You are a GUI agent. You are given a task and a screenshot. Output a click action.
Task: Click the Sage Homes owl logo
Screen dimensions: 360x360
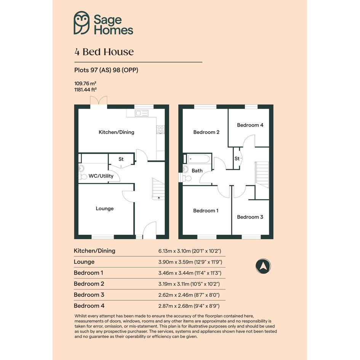[x=82, y=23]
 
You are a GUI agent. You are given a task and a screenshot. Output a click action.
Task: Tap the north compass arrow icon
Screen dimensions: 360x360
[x=263, y=266]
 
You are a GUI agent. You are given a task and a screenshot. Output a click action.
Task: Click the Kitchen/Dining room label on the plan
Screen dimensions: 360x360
[x=117, y=132]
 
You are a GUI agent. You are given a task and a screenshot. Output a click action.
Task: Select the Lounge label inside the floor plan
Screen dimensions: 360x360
[x=105, y=208]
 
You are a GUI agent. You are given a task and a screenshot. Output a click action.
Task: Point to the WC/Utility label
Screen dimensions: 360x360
[x=101, y=176]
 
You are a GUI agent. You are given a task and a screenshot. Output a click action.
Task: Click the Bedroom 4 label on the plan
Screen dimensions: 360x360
[x=250, y=125]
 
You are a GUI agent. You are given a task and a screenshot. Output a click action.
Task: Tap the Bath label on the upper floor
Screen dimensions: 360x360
[x=197, y=171]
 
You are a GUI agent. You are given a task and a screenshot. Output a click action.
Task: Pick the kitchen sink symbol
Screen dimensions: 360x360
[x=141, y=113]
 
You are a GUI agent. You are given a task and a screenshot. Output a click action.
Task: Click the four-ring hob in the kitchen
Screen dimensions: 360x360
[x=160, y=130]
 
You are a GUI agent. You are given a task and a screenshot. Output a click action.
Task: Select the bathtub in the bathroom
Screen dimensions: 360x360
[x=199, y=159]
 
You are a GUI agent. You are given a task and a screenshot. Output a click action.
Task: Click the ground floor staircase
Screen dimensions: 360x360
[x=158, y=189]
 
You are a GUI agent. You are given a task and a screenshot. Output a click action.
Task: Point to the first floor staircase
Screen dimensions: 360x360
[x=262, y=175]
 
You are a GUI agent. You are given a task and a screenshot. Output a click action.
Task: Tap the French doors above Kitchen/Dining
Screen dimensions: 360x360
[x=99, y=101]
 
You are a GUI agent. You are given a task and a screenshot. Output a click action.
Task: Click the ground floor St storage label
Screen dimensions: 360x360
[x=121, y=159]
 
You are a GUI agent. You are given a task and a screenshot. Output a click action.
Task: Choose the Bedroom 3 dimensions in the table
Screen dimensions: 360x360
[x=189, y=295]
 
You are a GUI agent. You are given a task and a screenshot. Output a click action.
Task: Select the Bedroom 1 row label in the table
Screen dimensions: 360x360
[x=88, y=273]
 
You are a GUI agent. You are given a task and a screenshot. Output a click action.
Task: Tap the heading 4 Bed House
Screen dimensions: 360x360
[x=104, y=52]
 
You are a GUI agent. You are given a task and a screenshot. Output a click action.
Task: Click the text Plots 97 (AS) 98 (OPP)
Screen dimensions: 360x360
[x=106, y=70]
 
